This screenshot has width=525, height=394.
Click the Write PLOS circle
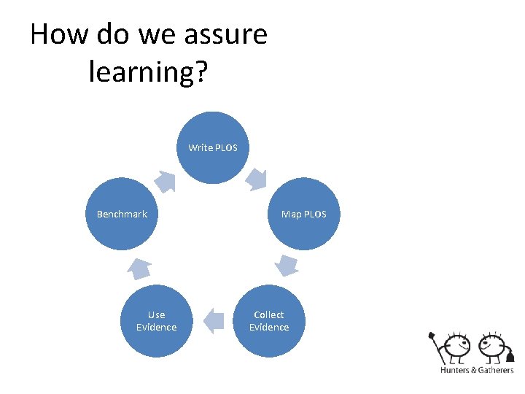(213, 147)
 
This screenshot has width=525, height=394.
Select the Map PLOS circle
(303, 214)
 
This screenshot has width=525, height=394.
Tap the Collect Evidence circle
(269, 321)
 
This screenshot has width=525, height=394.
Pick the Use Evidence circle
(157, 321)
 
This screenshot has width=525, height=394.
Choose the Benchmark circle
(122, 214)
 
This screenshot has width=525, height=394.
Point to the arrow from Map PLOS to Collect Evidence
(287, 265)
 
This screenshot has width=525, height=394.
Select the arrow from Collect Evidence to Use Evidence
(213, 320)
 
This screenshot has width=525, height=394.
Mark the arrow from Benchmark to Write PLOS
(166, 180)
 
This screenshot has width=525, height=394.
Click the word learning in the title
(142, 71)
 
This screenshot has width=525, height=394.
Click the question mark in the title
(203, 71)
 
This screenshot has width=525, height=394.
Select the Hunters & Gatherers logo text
(477, 370)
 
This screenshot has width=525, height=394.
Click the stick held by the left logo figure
(439, 349)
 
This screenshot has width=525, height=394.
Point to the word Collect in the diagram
(269, 314)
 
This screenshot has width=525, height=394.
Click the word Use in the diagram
(156, 314)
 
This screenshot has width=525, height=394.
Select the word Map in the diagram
(291, 214)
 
